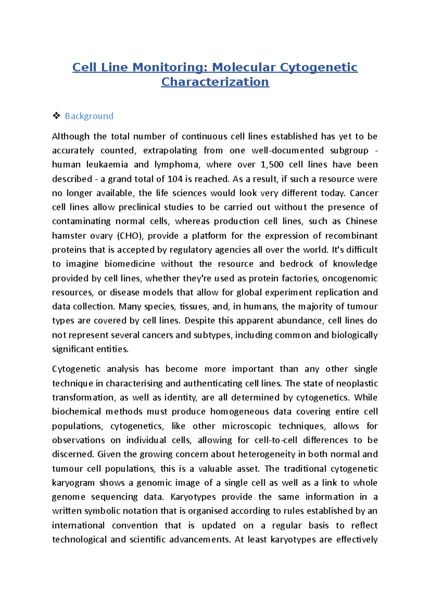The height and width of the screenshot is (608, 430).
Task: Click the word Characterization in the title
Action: tap(215, 82)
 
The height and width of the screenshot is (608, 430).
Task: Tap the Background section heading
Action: tap(89, 116)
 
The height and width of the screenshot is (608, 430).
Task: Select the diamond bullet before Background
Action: tap(56, 116)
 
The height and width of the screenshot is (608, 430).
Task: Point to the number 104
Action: tap(175, 179)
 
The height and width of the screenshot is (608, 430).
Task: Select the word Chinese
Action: tap(361, 222)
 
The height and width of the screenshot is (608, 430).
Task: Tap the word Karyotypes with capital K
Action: tap(193, 497)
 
